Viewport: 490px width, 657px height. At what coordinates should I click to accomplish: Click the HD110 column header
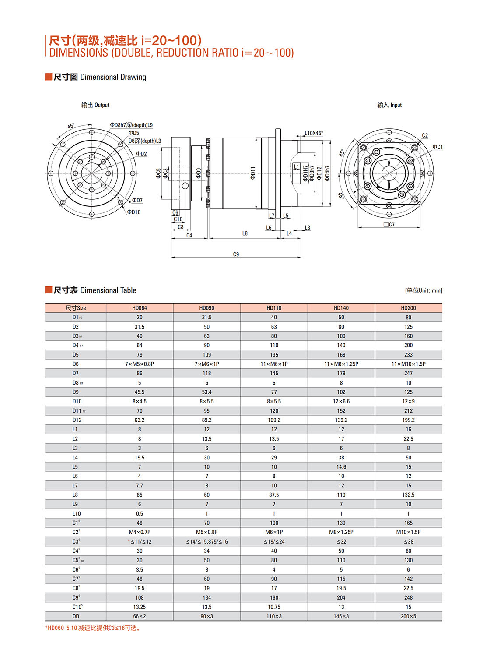coord(274,308)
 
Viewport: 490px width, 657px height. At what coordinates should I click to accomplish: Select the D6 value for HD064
coord(140,364)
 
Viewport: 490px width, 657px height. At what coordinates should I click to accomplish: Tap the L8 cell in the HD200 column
coord(408,495)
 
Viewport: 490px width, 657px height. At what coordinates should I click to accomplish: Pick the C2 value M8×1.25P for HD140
coord(341,532)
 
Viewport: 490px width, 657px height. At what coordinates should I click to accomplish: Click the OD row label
coord(76,616)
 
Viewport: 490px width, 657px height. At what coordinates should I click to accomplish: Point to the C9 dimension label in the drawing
coord(236,254)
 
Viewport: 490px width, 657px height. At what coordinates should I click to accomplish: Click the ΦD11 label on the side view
coord(253,173)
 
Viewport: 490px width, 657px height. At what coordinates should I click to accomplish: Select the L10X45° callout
coord(314,133)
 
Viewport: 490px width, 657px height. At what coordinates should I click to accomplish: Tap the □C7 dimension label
coord(389,225)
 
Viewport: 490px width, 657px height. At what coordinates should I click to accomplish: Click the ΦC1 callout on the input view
coord(437,147)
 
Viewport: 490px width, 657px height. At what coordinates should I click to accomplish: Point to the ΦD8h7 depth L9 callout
coord(131,125)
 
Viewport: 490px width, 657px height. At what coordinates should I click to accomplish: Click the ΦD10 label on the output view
coord(134,212)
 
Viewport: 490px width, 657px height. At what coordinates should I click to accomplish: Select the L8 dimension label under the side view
coord(245,233)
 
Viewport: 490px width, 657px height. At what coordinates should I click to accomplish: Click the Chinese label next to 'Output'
coord(87,105)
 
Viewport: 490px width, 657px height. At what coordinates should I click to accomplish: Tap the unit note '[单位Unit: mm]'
coord(423,290)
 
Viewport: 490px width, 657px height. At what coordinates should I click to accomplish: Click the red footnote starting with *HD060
coord(94,628)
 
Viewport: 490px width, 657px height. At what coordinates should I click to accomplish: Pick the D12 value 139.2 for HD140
coord(341,420)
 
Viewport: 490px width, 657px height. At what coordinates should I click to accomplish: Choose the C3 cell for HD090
coord(207,542)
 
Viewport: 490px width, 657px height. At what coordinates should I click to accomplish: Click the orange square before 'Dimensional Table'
coord(49,290)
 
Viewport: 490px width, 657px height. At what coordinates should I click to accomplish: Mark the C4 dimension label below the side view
coord(189,235)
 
